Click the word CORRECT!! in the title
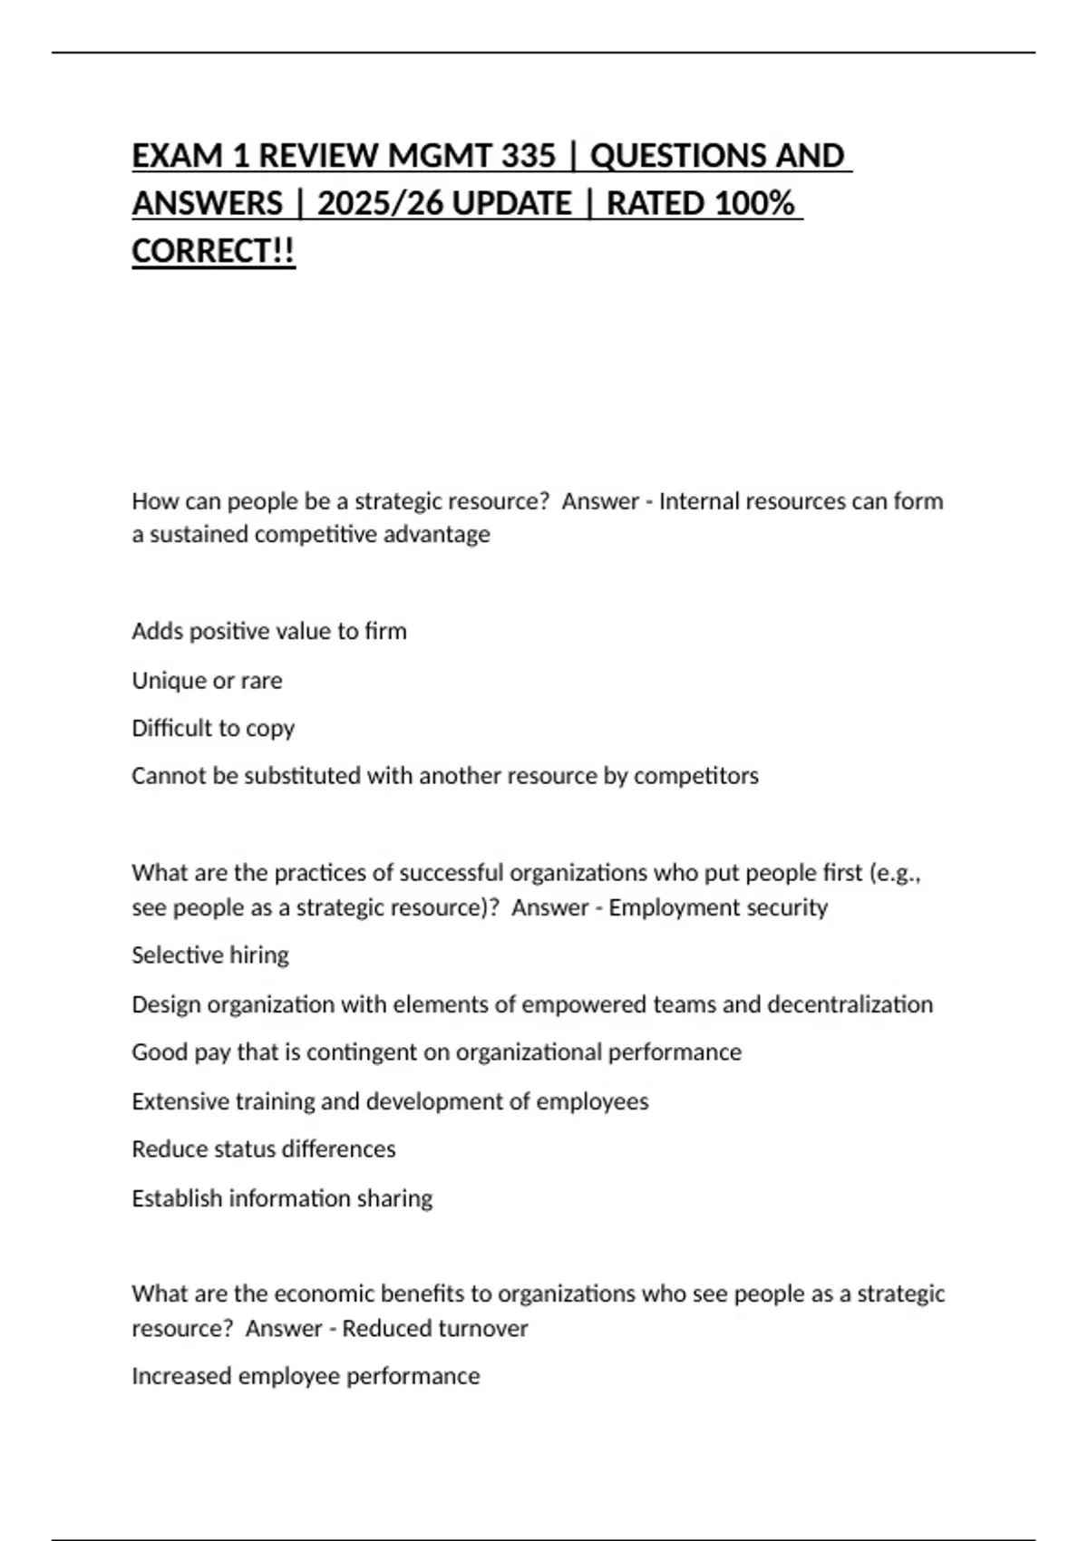coord(213,251)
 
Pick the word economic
coord(324,1294)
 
